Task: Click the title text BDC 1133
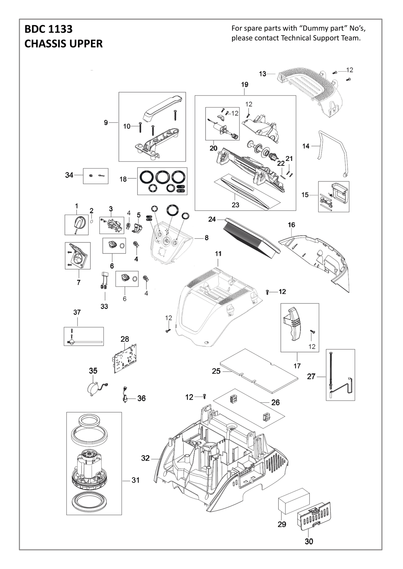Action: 48,30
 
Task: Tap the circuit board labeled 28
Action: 125,358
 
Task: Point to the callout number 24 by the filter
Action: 212,219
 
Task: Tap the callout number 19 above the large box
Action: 244,84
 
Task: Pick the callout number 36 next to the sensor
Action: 141,398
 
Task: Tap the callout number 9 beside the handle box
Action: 106,123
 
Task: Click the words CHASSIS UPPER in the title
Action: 63,44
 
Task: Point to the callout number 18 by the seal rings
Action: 123,179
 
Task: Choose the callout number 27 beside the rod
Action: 311,377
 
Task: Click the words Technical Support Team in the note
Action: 321,38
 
